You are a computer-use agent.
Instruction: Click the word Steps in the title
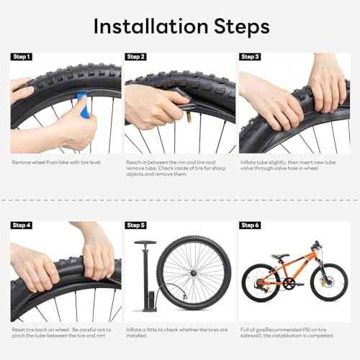pos(237,26)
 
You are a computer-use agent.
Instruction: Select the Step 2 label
pos(136,57)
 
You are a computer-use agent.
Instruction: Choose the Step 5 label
pos(136,225)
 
